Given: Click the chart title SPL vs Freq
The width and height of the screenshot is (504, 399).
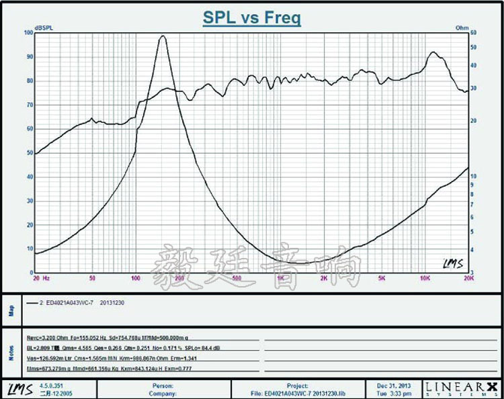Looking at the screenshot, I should tap(252, 18).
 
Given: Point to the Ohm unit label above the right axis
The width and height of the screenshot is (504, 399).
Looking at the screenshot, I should tap(461, 28).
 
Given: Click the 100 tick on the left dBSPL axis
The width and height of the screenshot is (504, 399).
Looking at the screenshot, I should tap(28, 33).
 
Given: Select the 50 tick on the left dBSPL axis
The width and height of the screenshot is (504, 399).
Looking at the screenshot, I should tap(28, 153).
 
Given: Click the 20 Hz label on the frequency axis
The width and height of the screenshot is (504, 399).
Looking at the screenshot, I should tap(41, 277).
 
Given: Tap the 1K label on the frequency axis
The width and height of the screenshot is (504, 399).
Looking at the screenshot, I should tap(280, 277).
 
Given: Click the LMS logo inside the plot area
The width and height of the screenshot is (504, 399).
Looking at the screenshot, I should tap(453, 263).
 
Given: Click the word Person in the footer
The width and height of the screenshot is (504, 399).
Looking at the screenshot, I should tap(163, 386).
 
